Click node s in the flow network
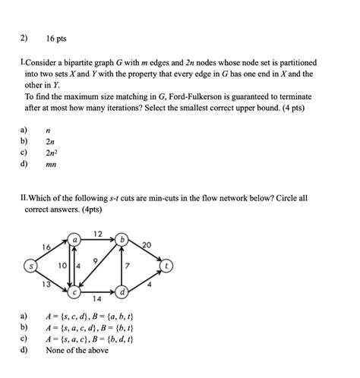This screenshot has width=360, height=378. pyautogui.click(x=31, y=266)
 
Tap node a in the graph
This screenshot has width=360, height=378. pyautogui.click(x=75, y=239)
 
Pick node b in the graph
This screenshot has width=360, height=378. pyautogui.click(x=123, y=239)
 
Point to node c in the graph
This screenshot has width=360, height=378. pyautogui.click(x=75, y=291)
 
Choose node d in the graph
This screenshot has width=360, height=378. pyautogui.click(x=123, y=291)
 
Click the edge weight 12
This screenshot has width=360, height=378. pyautogui.click(x=98, y=232)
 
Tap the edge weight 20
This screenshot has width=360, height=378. pyautogui.click(x=147, y=244)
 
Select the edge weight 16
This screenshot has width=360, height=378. pyautogui.click(x=47, y=247)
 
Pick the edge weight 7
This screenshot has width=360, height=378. pyautogui.click(x=128, y=266)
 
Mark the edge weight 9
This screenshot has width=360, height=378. pyautogui.click(x=95, y=260)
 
